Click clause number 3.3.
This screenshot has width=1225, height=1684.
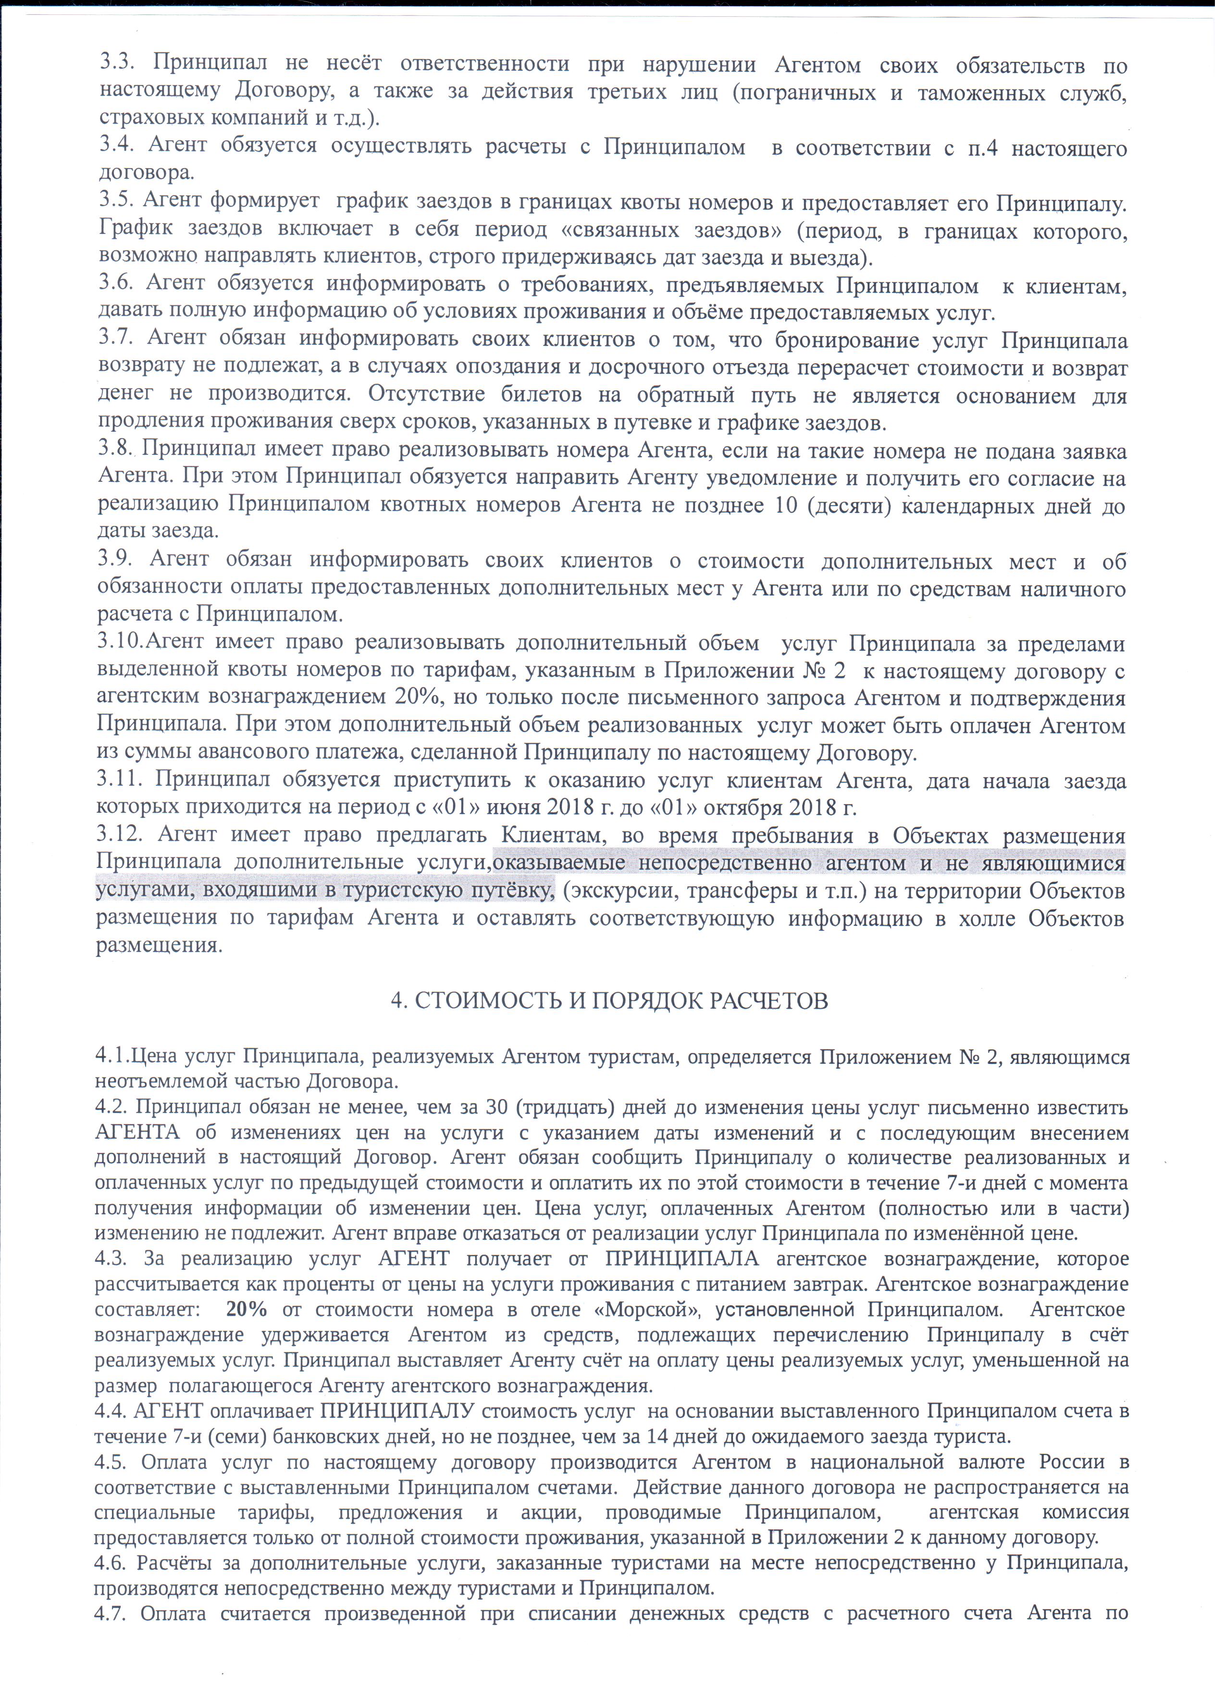coord(115,64)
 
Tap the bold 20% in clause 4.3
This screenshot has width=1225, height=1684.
coord(246,1308)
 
